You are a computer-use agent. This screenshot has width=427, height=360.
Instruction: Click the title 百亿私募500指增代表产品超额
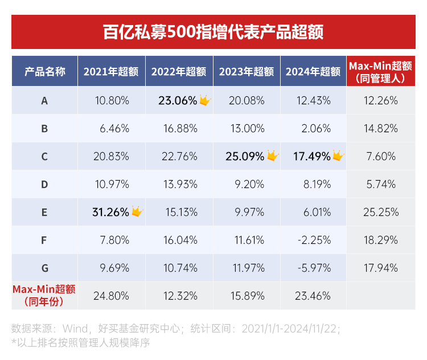(213, 31)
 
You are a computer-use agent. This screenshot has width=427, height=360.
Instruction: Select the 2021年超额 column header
(111, 72)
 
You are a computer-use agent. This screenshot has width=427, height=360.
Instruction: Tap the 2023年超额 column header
(247, 72)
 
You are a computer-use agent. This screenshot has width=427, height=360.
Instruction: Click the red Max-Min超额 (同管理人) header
(380, 71)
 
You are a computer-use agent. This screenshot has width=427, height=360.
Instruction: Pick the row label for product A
(44, 101)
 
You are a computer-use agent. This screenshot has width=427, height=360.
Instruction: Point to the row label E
(44, 212)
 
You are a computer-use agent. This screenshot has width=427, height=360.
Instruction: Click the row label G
(44, 268)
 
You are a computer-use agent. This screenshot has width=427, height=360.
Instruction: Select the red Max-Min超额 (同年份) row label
(44, 294)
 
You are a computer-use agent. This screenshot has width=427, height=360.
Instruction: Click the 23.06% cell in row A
(178, 101)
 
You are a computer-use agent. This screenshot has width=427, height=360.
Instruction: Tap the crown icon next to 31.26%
(137, 212)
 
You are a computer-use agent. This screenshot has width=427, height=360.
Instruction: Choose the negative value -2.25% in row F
(313, 240)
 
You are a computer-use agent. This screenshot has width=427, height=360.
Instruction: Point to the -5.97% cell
(313, 268)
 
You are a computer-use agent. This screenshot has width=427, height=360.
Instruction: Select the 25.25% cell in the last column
(380, 212)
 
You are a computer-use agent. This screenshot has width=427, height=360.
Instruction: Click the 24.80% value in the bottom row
(112, 296)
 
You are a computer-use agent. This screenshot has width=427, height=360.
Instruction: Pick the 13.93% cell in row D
(179, 184)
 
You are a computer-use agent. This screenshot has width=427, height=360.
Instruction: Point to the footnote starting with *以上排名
(80, 342)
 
